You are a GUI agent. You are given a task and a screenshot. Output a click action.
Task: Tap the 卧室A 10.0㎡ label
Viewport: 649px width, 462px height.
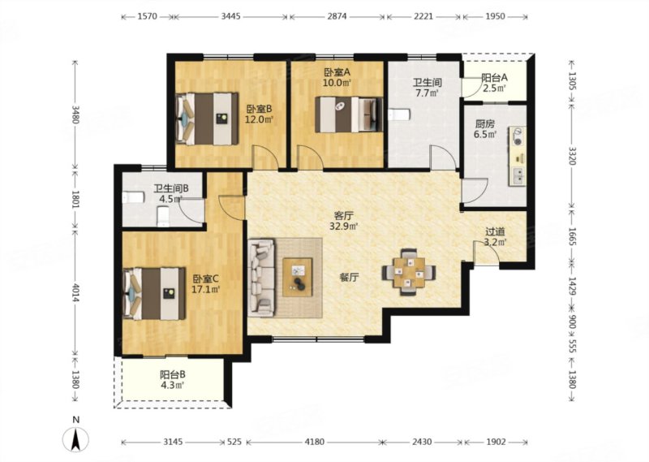pyautogui.click(x=337, y=77)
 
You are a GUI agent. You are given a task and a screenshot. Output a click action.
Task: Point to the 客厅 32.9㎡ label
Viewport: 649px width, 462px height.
pyautogui.click(x=343, y=221)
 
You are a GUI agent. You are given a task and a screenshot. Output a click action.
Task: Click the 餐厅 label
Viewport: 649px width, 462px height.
pyautogui.click(x=350, y=278)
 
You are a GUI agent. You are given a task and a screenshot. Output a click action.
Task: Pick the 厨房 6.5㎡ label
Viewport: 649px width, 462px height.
pyautogui.click(x=485, y=129)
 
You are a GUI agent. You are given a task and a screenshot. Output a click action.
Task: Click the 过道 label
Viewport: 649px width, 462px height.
pyautogui.click(x=495, y=232)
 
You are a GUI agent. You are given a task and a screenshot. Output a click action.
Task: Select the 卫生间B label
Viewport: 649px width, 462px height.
pyautogui.click(x=171, y=188)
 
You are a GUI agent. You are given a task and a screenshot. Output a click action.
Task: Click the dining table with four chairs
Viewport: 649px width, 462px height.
pyautogui.click(x=409, y=272)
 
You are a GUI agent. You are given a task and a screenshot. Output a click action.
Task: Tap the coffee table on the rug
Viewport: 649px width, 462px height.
pyautogui.click(x=298, y=277)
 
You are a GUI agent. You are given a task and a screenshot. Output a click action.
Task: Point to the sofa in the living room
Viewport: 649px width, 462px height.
pyautogui.click(x=261, y=277)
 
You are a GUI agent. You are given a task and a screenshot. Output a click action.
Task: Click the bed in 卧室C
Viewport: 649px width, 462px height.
pyautogui.click(x=154, y=293)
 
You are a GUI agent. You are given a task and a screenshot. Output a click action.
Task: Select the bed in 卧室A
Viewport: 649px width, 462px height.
pyautogui.click(x=349, y=114)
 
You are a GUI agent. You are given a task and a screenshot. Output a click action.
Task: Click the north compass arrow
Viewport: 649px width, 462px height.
pyautogui.click(x=75, y=440)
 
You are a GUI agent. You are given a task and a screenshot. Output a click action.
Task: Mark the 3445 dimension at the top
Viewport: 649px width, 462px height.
pyautogui.click(x=230, y=16)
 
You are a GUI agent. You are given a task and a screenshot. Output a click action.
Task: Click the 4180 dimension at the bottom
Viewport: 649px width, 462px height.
pyautogui.click(x=314, y=442)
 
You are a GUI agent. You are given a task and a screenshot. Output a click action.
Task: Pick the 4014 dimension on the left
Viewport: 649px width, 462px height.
pyautogui.click(x=75, y=291)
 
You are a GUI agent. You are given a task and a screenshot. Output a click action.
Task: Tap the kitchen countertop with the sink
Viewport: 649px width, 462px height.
pyautogui.click(x=518, y=156)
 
